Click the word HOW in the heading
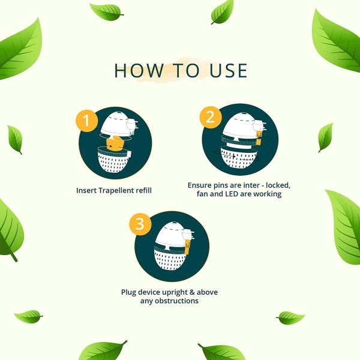point(139,70)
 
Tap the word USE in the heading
point(229,70)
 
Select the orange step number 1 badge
point(87,121)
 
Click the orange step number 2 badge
point(211,118)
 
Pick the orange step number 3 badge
point(140,224)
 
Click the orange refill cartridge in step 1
point(115,143)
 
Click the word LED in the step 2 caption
point(232,194)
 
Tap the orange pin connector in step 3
point(187,247)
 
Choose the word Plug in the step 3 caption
point(129,293)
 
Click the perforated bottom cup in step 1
point(114,160)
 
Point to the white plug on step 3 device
point(188,235)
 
